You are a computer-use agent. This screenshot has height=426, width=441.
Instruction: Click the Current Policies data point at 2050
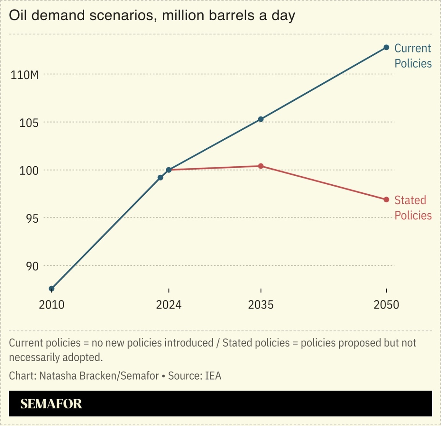click(x=386, y=48)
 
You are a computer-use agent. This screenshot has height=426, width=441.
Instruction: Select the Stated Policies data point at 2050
click(x=386, y=200)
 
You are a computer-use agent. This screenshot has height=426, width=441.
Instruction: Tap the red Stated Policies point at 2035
click(x=261, y=166)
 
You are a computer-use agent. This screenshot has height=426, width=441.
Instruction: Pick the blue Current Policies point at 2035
click(x=261, y=119)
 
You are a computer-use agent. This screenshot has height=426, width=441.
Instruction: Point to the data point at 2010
click(x=52, y=288)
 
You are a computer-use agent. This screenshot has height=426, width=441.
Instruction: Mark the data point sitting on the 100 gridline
click(x=169, y=170)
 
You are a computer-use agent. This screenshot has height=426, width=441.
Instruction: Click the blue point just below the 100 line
click(x=160, y=178)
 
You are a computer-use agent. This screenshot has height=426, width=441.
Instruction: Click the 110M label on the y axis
click(x=24, y=75)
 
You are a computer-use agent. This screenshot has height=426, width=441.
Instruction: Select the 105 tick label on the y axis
click(x=29, y=123)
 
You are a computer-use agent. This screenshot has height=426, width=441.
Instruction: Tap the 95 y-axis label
click(x=32, y=218)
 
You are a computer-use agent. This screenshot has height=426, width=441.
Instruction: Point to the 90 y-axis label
click(x=32, y=266)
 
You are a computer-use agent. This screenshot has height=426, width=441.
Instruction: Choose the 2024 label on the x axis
click(x=169, y=305)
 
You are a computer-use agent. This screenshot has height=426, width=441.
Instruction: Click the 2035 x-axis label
click(x=261, y=305)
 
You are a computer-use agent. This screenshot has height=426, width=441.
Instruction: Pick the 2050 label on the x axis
click(x=386, y=305)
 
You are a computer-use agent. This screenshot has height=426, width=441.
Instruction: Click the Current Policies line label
click(x=413, y=56)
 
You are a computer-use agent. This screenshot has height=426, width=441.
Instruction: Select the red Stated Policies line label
click(x=413, y=208)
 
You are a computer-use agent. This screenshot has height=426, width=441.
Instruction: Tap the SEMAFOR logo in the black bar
click(x=51, y=404)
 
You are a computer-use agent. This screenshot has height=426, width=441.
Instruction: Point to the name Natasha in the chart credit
click(x=58, y=376)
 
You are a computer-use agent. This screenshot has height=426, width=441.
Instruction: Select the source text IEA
click(x=213, y=376)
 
